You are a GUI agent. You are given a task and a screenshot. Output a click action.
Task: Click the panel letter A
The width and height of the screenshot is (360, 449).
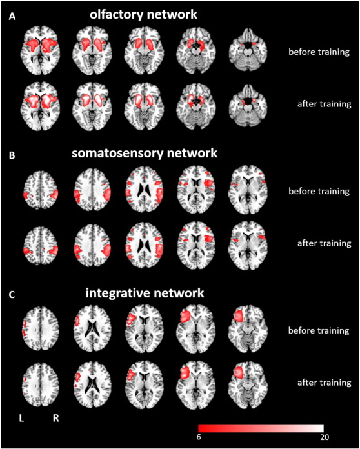tap(12, 17)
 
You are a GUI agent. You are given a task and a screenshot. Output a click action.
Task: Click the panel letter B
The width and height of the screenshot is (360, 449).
tap(12, 155)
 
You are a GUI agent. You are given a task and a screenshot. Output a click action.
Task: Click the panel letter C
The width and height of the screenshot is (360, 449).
tap(12, 295)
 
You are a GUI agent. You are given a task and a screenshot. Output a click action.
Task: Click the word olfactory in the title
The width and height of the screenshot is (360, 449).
tap(115, 15)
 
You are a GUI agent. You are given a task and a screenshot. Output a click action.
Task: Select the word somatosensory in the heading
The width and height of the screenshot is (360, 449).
tap(117, 154)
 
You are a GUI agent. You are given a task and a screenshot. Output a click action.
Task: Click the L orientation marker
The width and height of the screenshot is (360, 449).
tap(21, 419)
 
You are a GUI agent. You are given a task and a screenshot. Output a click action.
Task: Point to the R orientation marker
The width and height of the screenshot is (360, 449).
tap(55, 419)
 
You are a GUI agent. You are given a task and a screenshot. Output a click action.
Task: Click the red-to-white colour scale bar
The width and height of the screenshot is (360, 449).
tap(261, 428)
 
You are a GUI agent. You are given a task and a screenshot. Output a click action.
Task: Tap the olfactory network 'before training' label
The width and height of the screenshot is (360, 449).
tap(319, 52)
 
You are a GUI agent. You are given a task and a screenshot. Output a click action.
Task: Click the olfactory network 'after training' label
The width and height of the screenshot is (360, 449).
tap(325, 104)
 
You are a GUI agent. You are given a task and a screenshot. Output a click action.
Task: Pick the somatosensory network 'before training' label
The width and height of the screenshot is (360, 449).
tap(319, 191)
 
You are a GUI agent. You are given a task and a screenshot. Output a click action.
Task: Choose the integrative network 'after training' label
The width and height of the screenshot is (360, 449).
tap(325, 383)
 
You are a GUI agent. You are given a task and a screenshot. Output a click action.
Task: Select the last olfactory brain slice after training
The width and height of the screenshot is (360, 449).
tap(248, 105)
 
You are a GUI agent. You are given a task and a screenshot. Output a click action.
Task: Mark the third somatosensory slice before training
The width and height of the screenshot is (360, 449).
tap(145, 190)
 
